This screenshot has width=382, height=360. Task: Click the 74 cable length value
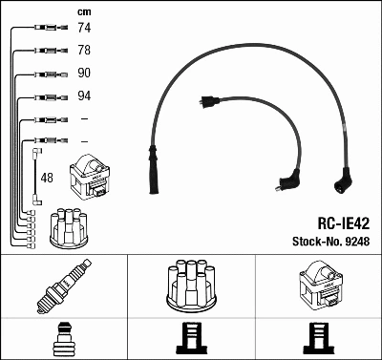(84, 28)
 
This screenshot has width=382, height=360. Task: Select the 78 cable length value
(84, 50)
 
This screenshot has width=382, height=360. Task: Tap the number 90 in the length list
(84, 73)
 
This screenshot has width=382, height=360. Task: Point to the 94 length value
(84, 95)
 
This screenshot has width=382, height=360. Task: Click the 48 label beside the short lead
(47, 178)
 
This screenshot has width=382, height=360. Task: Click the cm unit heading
(84, 12)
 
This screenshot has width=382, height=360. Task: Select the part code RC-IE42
(344, 223)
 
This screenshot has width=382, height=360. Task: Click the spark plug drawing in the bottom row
(64, 286)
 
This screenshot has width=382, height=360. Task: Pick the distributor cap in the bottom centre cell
(191, 286)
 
